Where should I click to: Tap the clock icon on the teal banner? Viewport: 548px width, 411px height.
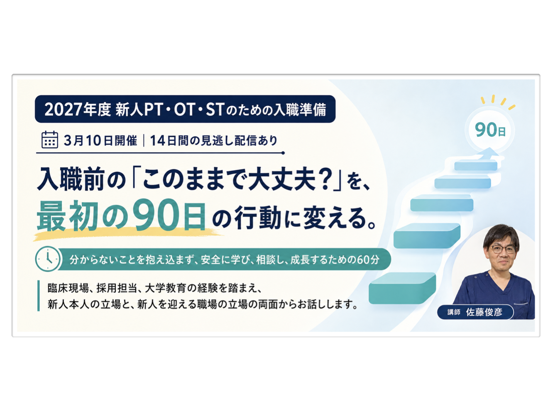pos(47,259)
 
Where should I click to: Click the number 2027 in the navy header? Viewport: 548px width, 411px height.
pos(64,109)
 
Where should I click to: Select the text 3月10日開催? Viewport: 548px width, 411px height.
pos(100,140)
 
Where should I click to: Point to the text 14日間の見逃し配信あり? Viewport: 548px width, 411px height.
pos(214,140)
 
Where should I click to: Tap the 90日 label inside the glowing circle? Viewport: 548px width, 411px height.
pos(489,130)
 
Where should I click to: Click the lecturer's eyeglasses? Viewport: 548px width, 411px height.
pos(502,249)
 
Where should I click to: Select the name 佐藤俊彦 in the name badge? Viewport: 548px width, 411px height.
pos(484,312)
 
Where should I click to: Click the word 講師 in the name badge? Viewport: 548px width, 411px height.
pos(454,312)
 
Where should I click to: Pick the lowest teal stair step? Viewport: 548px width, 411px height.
pos(402,288)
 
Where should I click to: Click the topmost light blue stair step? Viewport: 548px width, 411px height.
pos(475,165)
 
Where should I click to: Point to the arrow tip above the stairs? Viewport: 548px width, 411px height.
pos(489,148)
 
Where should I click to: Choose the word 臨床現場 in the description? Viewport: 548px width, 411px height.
pos(68,288)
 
